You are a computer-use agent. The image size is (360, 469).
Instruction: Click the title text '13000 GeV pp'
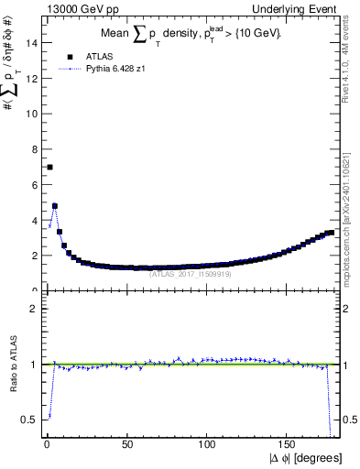[x=74, y=9]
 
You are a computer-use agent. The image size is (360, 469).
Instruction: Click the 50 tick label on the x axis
[x=127, y=444]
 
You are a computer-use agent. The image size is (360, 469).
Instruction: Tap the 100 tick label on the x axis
[x=209, y=444]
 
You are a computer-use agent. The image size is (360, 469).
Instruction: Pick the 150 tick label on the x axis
[x=289, y=444]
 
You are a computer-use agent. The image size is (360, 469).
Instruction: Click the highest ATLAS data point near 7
[x=49, y=167]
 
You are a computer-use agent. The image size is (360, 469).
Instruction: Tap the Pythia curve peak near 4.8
[x=55, y=205]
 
